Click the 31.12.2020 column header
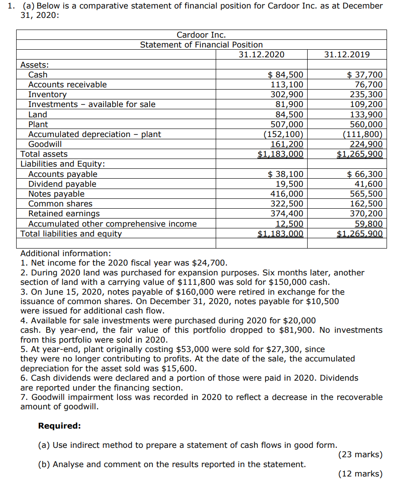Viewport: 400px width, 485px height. point(261,55)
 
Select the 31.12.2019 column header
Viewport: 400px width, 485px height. point(347,55)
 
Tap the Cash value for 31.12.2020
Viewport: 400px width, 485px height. point(285,75)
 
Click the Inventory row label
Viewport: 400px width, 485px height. point(47,94)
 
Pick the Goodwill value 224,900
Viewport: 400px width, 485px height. point(366,144)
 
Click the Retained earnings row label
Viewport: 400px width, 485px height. point(64,214)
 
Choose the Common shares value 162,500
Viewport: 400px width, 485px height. point(366,204)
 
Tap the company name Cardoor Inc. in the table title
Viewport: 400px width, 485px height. point(201,35)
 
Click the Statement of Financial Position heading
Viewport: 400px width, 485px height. point(201,45)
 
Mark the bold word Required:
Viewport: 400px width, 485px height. point(60,426)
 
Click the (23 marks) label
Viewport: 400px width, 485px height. point(360,455)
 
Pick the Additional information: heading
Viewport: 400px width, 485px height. point(65,253)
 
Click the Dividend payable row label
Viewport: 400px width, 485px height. point(62,184)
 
